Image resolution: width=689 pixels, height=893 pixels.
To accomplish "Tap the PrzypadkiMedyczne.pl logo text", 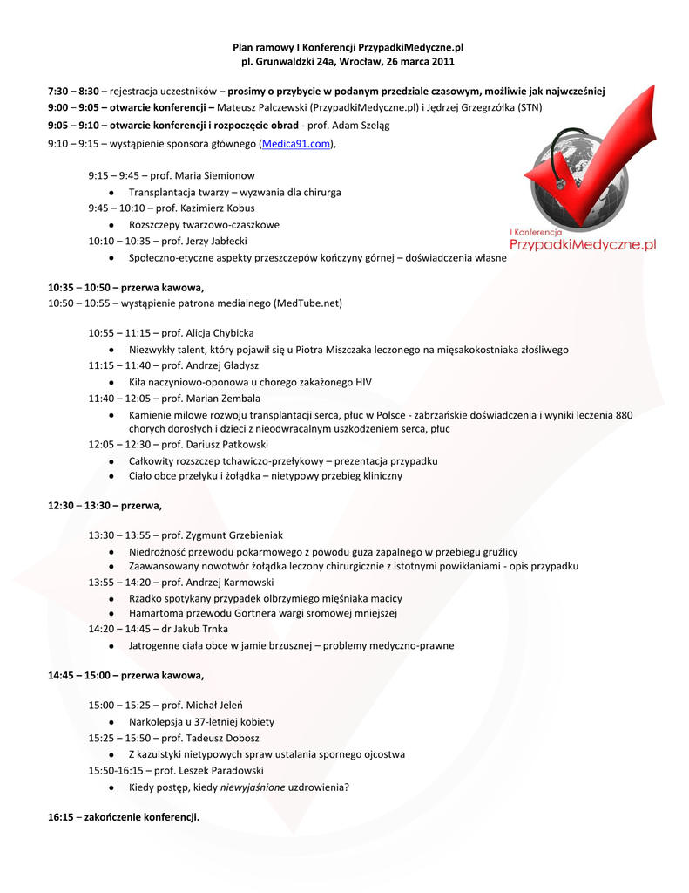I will point(582,246).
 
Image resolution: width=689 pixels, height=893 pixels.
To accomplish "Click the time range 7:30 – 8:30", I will point(73,92).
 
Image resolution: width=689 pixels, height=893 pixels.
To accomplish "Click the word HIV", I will point(362,382).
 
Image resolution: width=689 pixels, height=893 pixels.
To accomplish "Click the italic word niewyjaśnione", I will point(252,787).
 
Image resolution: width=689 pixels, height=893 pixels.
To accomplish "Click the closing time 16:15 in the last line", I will point(60,817).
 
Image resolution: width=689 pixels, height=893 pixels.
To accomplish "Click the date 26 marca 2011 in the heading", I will point(418,62).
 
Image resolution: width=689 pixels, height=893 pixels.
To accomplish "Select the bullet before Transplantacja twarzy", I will point(113,192).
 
